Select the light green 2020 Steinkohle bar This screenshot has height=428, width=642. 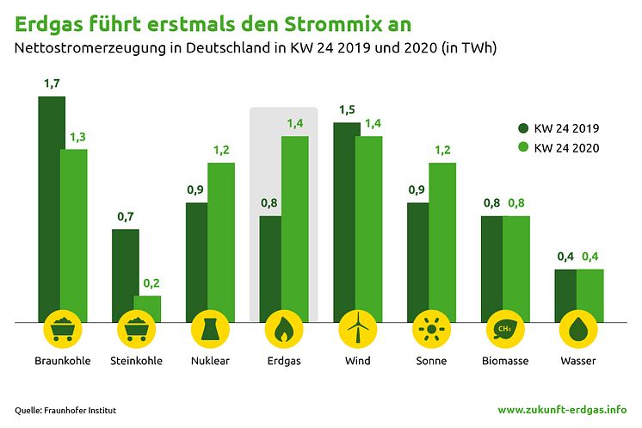tap(147, 309)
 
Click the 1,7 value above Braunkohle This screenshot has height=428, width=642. tap(52, 84)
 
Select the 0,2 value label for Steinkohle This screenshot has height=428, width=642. tap(151, 283)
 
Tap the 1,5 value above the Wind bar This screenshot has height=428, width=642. tap(347, 110)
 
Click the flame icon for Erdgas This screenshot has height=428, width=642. tap(284, 329)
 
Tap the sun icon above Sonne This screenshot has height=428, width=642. tap(431, 329)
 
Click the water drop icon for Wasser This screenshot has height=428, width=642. tap(578, 329)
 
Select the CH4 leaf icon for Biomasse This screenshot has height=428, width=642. tap(505, 329)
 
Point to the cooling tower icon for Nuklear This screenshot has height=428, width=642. tap(210, 329)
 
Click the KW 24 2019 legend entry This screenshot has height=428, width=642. tap(559, 128)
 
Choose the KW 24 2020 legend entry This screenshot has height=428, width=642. tap(559, 148)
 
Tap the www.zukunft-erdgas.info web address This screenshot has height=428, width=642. tap(562, 410)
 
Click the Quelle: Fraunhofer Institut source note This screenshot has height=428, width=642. tap(65, 411)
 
